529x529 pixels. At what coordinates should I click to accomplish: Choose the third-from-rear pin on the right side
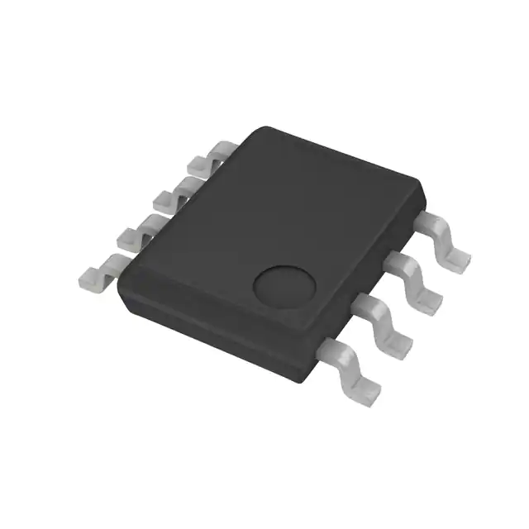click(385, 322)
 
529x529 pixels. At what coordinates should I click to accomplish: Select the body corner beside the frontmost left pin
click(121, 285)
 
